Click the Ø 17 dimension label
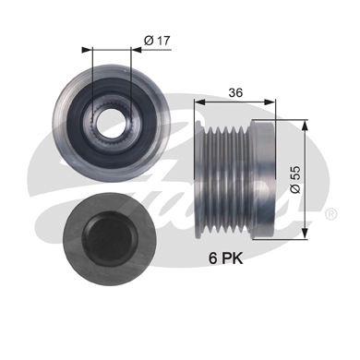point(156,41)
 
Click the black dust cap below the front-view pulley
point(101,232)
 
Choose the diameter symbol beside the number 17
point(148,41)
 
